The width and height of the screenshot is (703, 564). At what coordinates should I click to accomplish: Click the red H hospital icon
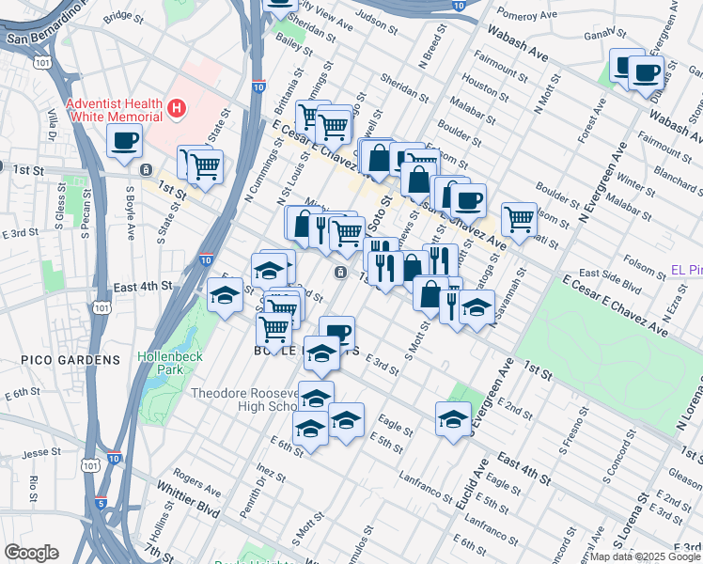pyautogui.click(x=175, y=110)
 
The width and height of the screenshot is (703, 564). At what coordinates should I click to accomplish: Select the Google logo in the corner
pyautogui.click(x=30, y=553)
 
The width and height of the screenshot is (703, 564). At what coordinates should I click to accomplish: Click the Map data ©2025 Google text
pyautogui.click(x=645, y=556)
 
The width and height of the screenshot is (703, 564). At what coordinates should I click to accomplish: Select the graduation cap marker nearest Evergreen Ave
pyautogui.click(x=453, y=417)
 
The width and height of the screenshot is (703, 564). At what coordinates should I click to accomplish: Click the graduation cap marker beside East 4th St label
pyautogui.click(x=225, y=296)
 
